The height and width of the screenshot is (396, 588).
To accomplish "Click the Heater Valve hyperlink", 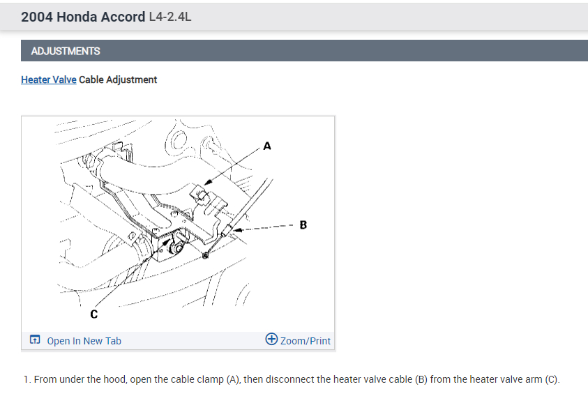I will point(48,80).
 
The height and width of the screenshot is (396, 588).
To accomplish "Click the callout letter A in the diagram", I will point(267,146).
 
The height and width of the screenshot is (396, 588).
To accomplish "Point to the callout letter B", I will point(303,225).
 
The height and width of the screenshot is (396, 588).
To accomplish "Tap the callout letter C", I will point(93,315).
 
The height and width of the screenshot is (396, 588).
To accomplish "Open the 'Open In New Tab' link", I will point(84,341).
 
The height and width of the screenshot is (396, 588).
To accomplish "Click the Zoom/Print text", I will point(306,341).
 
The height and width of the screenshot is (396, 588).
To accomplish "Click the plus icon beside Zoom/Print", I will point(272,340).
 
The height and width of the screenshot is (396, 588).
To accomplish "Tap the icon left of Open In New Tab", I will point(35,341).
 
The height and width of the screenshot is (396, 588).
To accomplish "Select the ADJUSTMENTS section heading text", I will point(66,51).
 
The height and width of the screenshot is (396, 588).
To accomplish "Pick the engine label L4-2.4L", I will point(170,17).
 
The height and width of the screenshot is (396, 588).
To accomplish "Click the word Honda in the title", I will point(75,17).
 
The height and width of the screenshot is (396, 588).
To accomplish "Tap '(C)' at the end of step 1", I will point(552,380).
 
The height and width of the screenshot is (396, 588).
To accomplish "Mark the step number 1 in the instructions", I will point(26,380).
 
